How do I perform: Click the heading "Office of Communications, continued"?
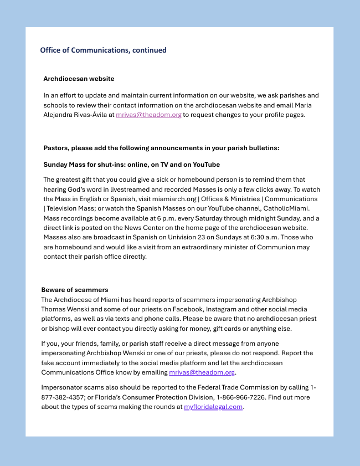tap(103, 50)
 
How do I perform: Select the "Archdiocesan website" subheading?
tap(79, 79)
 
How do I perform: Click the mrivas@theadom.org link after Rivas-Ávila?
tap(148, 115)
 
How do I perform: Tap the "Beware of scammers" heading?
tap(75, 289)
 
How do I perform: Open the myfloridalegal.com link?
tap(213, 407)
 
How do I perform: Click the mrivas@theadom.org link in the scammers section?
tap(202, 372)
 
